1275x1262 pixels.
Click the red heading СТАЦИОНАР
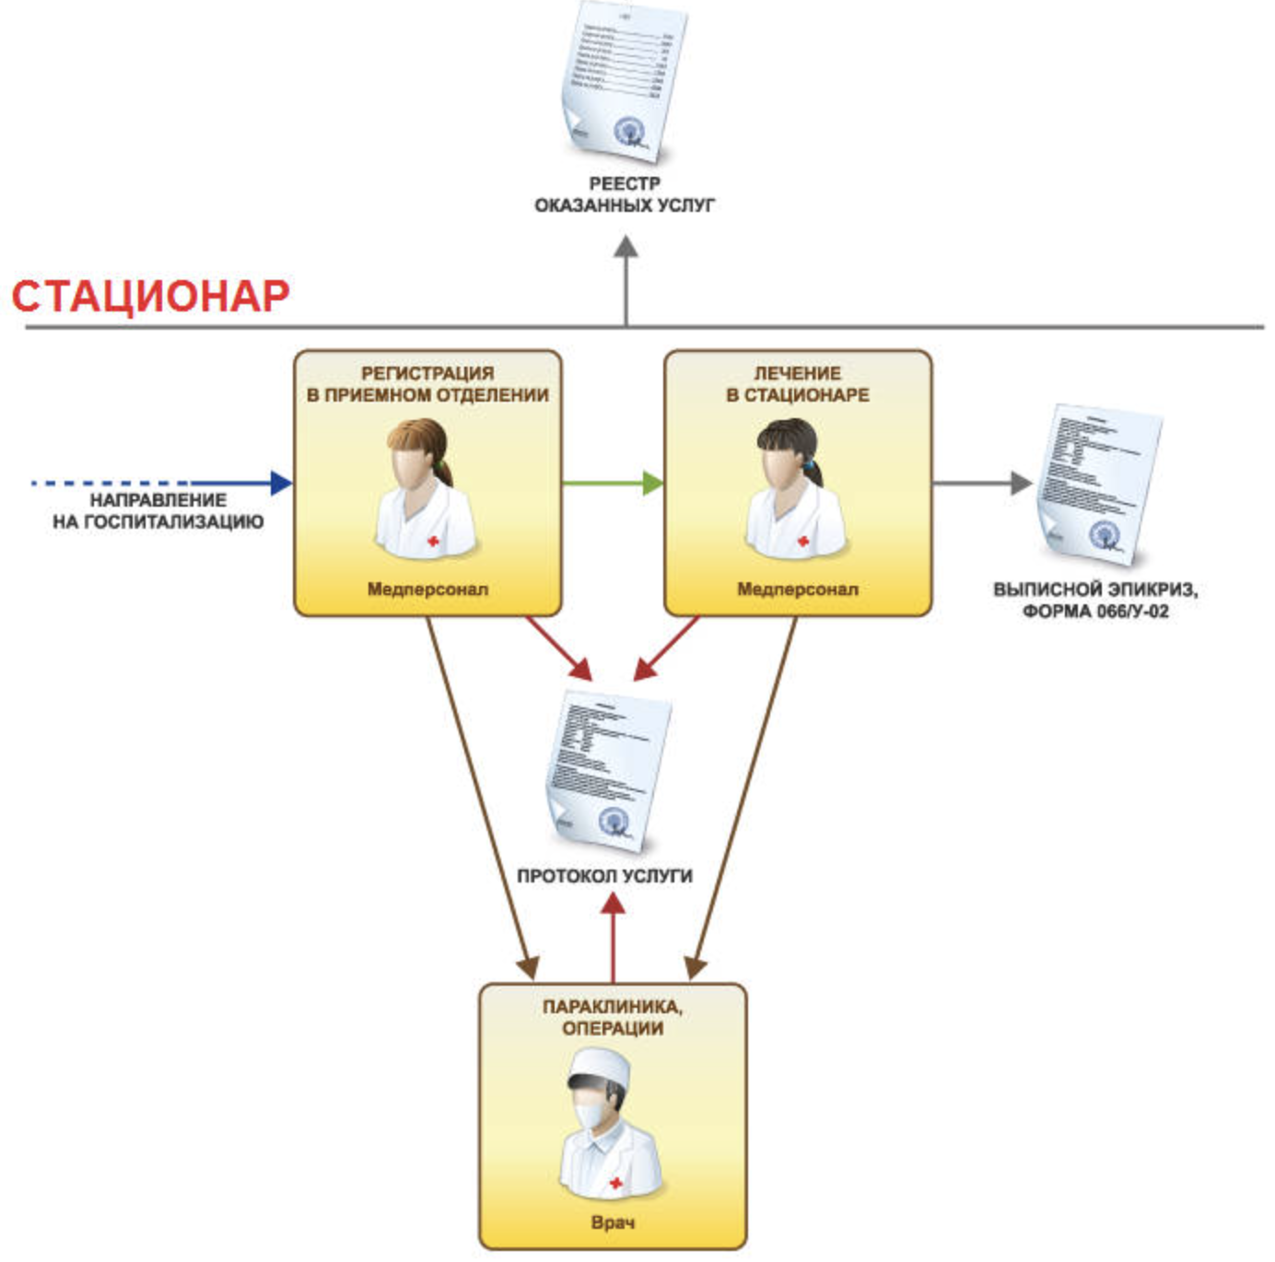click(150, 296)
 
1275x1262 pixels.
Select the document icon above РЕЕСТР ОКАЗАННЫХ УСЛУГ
click(625, 81)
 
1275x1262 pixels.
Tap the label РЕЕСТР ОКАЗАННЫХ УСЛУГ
click(625, 194)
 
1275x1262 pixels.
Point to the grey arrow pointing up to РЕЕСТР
click(626, 276)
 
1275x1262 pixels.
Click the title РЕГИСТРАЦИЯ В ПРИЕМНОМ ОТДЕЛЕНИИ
click(427, 384)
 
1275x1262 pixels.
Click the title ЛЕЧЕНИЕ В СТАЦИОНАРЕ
click(798, 384)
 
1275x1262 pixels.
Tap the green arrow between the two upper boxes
click(613, 483)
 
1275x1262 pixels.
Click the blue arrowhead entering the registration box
click(281, 482)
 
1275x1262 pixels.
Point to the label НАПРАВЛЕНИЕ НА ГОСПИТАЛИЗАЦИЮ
click(158, 511)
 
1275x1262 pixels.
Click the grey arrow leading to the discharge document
click(981, 483)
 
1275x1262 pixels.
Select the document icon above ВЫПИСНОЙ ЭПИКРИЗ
click(1098, 484)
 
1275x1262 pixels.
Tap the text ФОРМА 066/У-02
click(1096, 611)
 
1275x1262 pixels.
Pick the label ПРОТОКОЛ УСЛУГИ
click(604, 876)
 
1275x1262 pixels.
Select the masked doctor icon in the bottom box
click(608, 1128)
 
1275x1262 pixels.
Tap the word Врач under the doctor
click(613, 1223)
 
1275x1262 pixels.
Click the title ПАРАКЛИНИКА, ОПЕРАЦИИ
click(613, 1018)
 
